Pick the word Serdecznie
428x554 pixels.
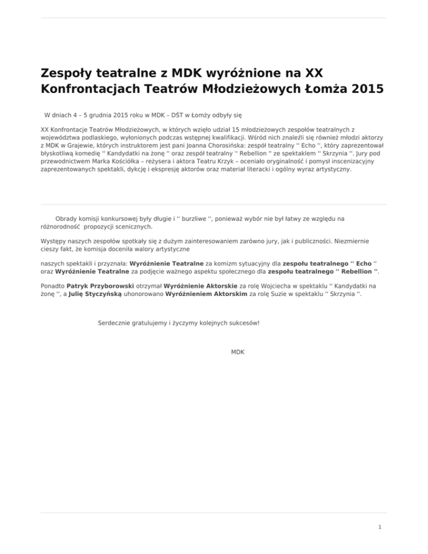(x=115, y=323)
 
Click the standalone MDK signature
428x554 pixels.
(x=237, y=353)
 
